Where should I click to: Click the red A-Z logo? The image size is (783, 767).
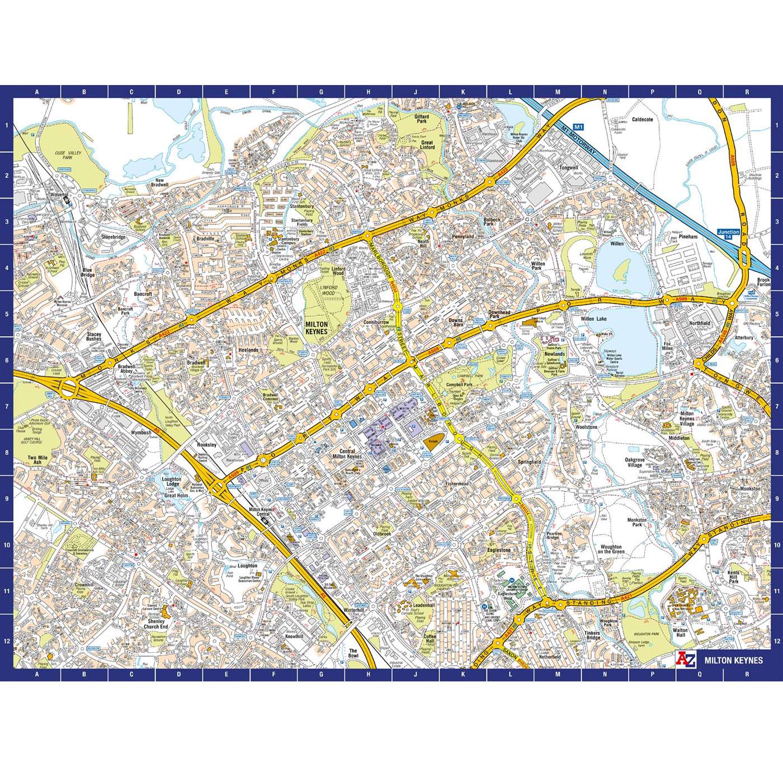687,660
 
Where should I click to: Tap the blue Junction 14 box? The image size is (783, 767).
728,235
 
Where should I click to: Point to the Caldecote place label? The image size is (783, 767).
642,119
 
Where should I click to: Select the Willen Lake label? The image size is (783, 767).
593,319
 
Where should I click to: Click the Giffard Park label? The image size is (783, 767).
421,119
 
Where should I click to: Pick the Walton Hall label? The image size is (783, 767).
681,633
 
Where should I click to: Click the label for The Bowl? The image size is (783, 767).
353,654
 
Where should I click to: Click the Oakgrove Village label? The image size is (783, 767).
634,463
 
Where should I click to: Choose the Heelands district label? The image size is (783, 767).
248,350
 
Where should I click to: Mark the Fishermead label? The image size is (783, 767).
457,484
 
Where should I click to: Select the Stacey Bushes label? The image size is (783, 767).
94,336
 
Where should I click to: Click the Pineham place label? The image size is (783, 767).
688,237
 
